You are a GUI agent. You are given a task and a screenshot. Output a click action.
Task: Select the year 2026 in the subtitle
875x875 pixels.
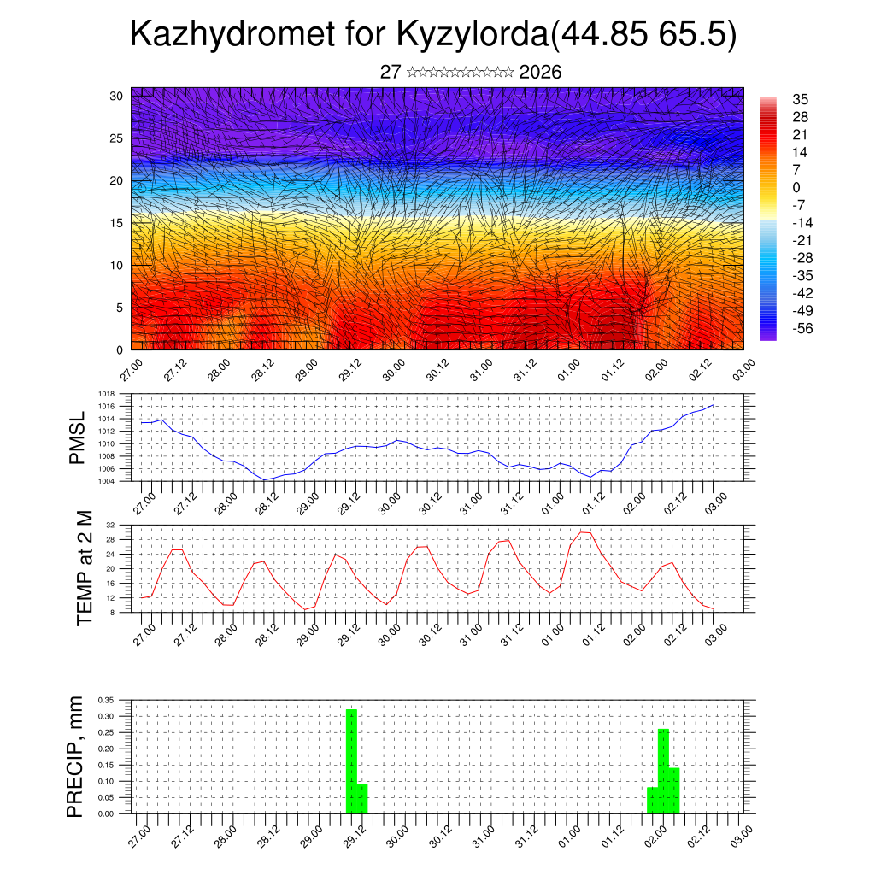(x=540, y=72)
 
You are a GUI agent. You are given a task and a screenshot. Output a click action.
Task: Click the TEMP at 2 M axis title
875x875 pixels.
(x=85, y=567)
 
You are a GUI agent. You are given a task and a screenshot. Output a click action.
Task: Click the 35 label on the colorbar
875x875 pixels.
(x=800, y=100)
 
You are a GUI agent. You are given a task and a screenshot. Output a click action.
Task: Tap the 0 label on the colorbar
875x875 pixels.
(x=796, y=187)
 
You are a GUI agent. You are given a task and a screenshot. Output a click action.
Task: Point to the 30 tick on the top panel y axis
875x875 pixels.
(x=116, y=96)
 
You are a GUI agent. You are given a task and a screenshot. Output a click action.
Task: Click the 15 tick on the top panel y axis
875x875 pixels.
(x=116, y=223)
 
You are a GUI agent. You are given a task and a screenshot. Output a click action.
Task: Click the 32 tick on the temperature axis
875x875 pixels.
(x=111, y=525)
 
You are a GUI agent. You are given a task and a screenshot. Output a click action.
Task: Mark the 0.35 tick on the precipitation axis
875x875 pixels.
(x=105, y=700)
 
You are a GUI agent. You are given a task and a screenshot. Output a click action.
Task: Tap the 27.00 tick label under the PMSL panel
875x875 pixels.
(x=143, y=498)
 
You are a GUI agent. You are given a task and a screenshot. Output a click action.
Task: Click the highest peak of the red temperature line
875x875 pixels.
(x=582, y=531)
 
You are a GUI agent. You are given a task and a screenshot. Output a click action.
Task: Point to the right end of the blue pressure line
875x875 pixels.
(x=713, y=405)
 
